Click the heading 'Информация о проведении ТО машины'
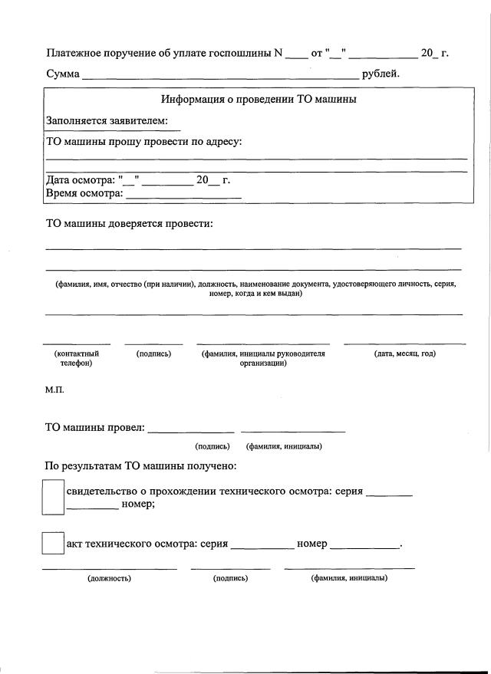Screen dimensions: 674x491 (x=259, y=100)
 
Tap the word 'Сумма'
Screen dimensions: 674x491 (x=63, y=74)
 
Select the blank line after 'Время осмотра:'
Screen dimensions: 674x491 (x=183, y=196)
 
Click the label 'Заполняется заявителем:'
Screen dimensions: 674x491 (x=107, y=121)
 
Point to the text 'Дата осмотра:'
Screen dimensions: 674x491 (x=81, y=180)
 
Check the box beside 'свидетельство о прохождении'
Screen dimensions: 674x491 (x=52, y=497)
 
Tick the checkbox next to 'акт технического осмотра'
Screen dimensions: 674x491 (x=52, y=544)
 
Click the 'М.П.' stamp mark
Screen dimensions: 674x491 (x=54, y=390)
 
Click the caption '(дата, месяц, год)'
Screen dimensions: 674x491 (x=404, y=353)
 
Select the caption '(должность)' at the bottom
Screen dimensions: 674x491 (x=109, y=578)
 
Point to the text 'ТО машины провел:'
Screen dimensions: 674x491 (x=95, y=427)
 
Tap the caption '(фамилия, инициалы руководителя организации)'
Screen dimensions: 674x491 (x=263, y=358)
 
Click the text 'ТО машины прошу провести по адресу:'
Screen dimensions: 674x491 (x=144, y=142)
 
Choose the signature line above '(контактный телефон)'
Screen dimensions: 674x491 (x=77, y=344)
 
